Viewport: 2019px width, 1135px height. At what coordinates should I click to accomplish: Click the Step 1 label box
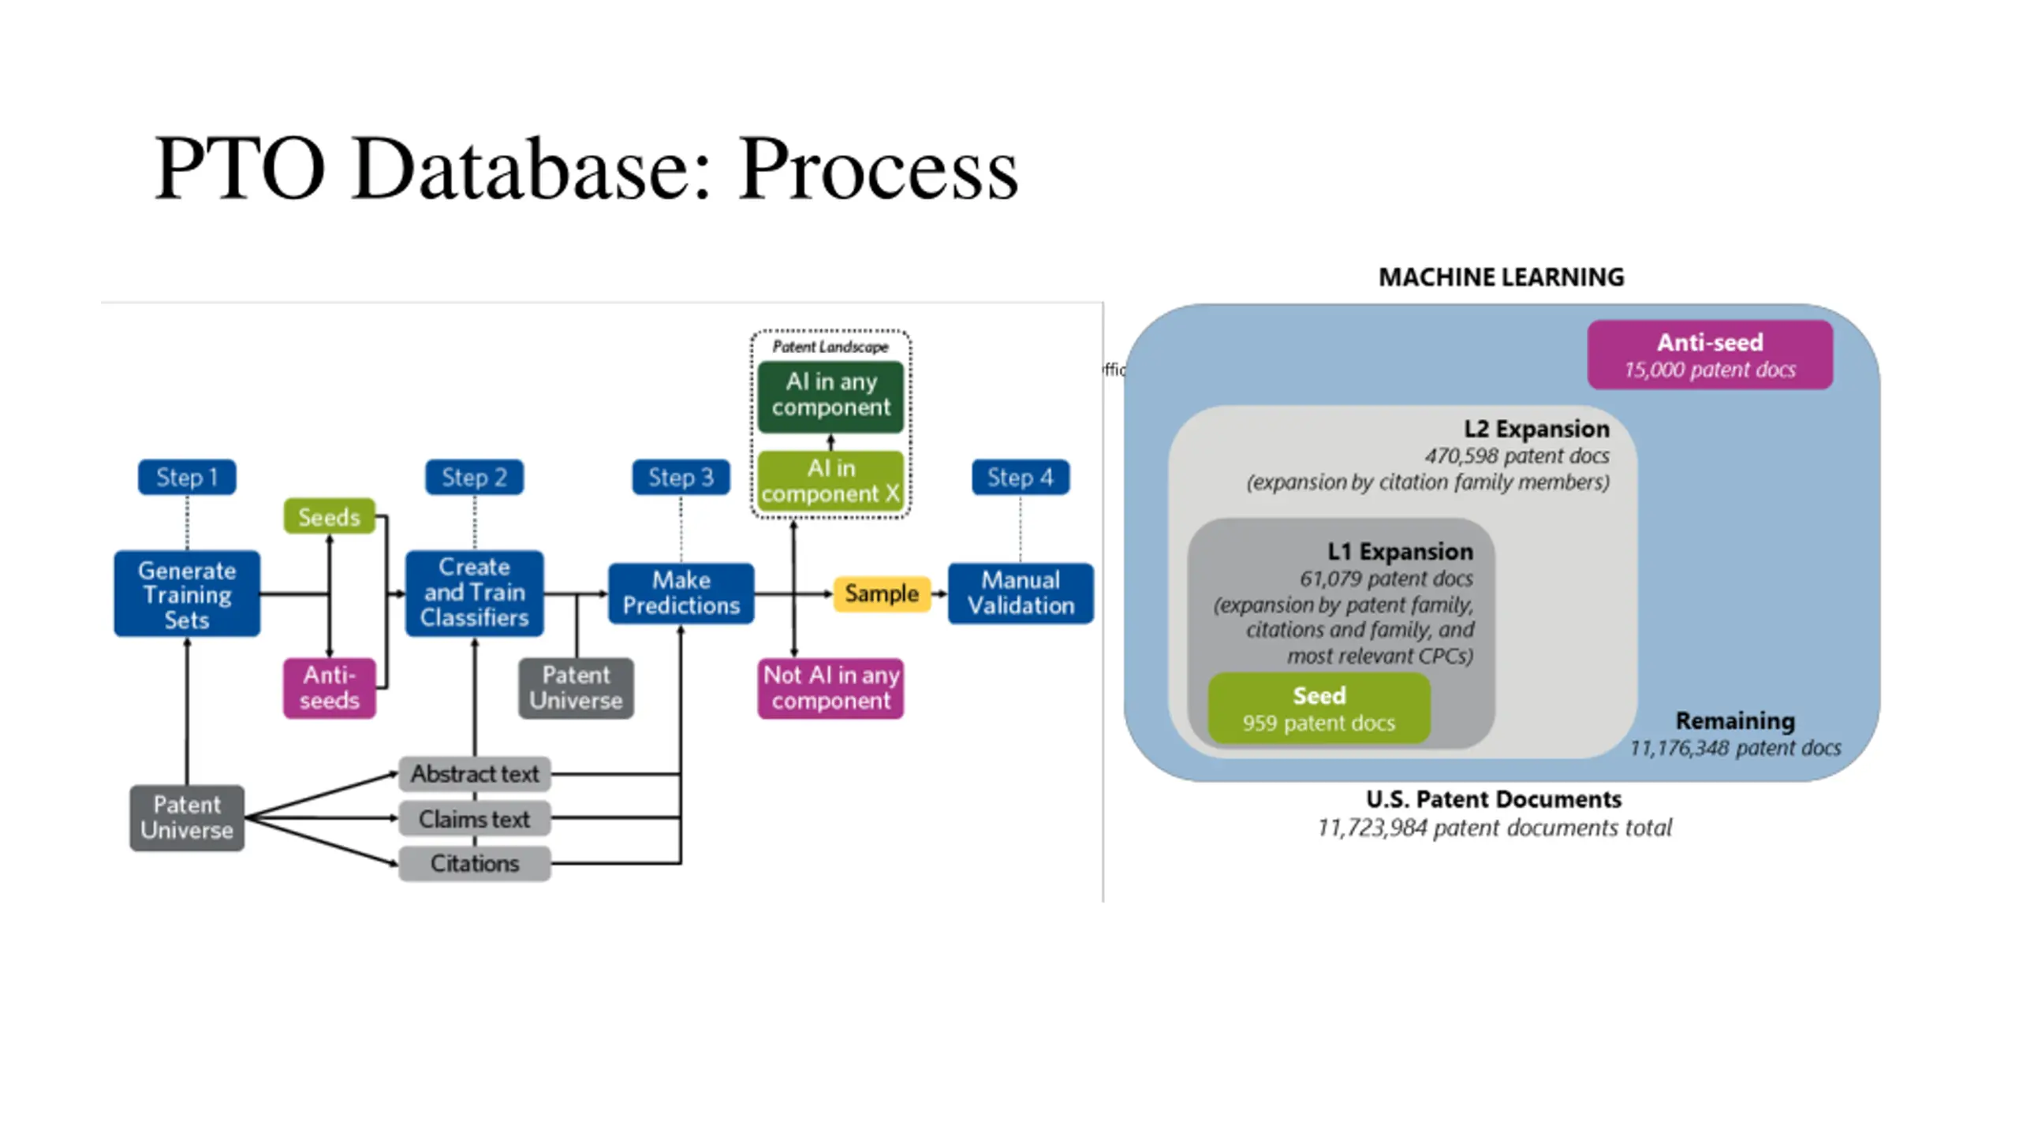[x=187, y=477]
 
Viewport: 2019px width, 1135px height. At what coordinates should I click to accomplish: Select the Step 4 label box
[x=1021, y=477]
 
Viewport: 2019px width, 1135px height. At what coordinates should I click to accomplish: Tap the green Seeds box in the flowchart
[x=329, y=517]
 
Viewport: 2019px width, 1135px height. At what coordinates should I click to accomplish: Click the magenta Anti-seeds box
[x=329, y=687]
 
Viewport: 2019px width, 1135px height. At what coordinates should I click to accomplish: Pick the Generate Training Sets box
[x=187, y=594]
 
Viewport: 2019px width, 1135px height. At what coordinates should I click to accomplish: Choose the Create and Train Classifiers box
[x=474, y=593]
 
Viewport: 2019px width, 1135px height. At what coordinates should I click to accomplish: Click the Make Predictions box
[x=681, y=593]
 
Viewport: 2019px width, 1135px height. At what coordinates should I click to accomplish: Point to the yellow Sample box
[x=881, y=594]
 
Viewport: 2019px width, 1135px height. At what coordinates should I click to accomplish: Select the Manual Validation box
[x=1021, y=593]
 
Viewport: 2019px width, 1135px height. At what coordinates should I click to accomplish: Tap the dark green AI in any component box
[x=830, y=396]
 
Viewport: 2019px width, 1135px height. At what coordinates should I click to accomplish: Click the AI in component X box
[x=830, y=480]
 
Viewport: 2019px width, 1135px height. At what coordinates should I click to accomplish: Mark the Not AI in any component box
[x=830, y=688]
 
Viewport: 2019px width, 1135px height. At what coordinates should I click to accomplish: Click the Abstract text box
[x=474, y=774]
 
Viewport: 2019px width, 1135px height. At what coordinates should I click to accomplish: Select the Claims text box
[x=474, y=819]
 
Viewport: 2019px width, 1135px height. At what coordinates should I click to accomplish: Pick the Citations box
[x=474, y=863]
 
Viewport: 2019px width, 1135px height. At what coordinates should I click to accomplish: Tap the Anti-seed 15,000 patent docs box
[x=1710, y=355]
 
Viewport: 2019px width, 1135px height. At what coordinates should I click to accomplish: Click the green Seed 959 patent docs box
[x=1319, y=708]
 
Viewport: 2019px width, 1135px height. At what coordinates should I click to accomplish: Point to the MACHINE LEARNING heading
[x=1501, y=277]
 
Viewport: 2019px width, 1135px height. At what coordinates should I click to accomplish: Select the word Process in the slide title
[x=877, y=169]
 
